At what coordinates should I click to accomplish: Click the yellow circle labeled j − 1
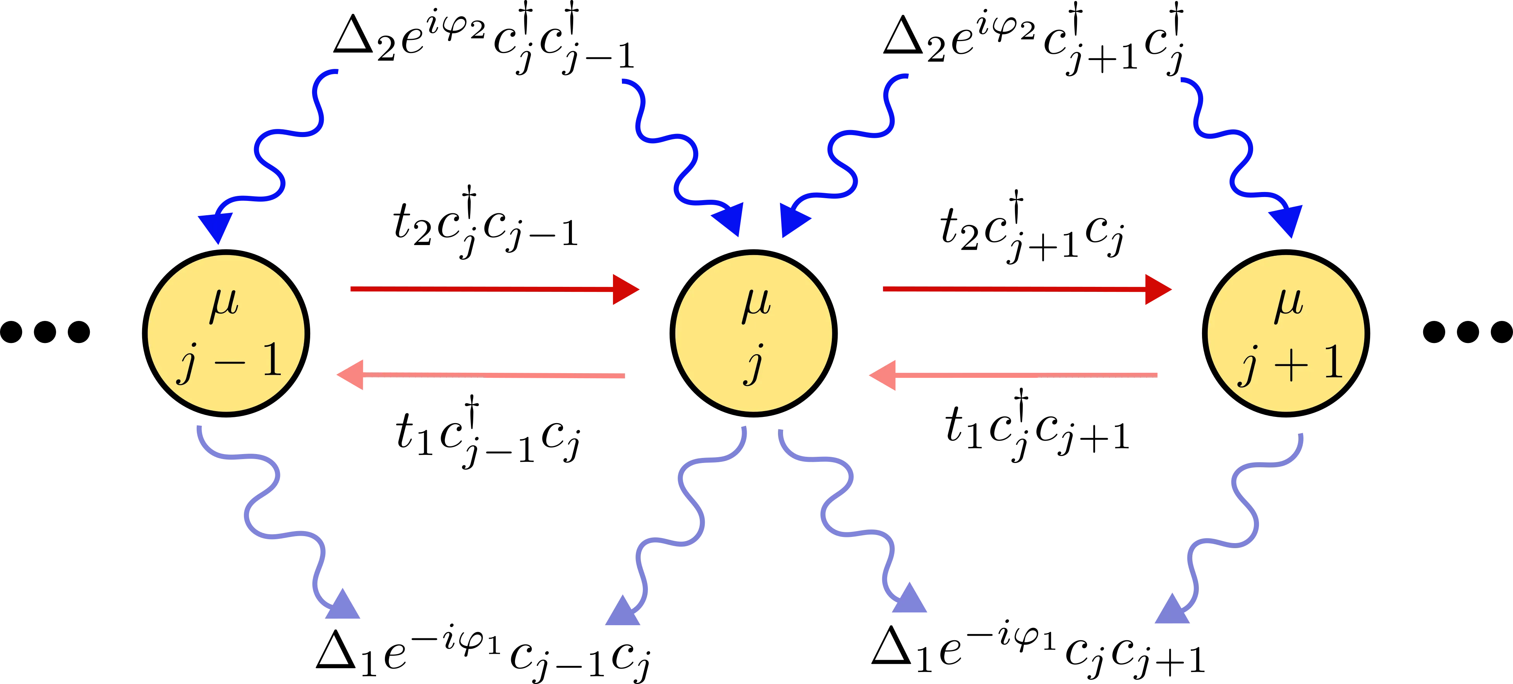pyautogui.click(x=226, y=333)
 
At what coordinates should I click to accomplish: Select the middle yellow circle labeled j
pyautogui.click(x=754, y=333)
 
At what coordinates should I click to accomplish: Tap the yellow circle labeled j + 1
pyautogui.click(x=1286, y=333)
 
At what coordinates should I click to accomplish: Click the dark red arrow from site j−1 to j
pyautogui.click(x=493, y=289)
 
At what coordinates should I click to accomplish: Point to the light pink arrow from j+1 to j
pyautogui.click(x=1013, y=375)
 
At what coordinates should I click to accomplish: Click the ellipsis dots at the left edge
pyautogui.click(x=46, y=331)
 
